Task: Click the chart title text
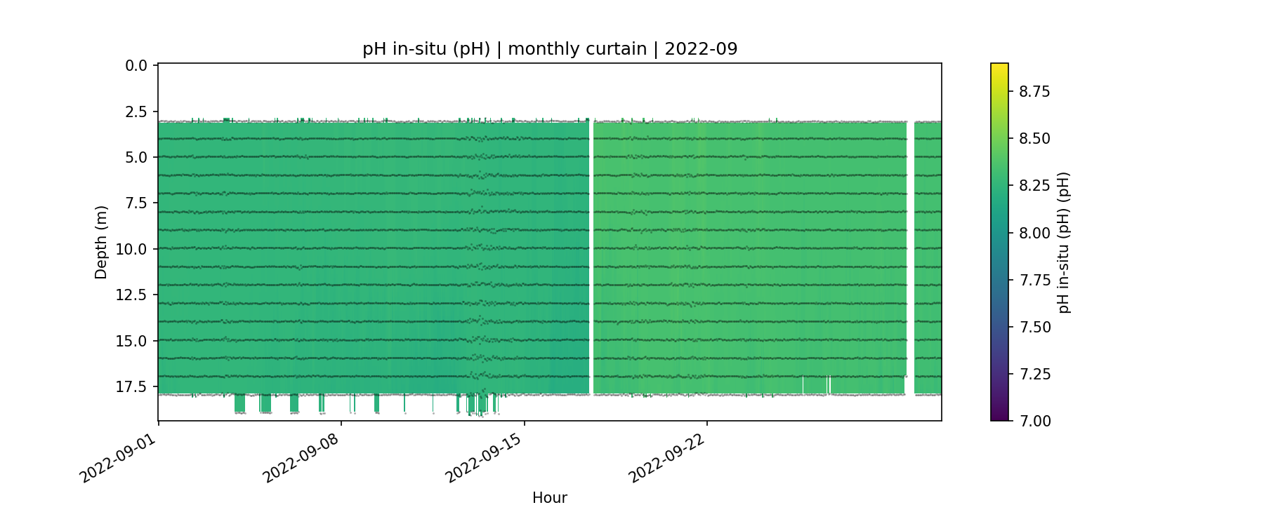point(550,49)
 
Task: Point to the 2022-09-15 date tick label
point(484,459)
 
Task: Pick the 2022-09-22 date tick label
point(666,459)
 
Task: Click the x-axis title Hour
point(550,498)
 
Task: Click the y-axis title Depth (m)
point(101,242)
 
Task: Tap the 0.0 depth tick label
point(136,66)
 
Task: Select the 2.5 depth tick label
point(136,112)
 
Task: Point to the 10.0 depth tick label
point(133,249)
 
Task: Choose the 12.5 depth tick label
point(133,295)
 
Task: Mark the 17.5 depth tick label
point(133,386)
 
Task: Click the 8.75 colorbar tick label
point(1034,91)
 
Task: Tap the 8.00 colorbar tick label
point(1034,233)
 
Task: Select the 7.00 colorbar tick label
point(1034,421)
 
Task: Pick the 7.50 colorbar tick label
point(1034,327)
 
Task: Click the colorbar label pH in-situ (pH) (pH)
point(1064,242)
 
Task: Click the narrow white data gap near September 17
point(591,256)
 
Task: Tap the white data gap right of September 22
point(910,256)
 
